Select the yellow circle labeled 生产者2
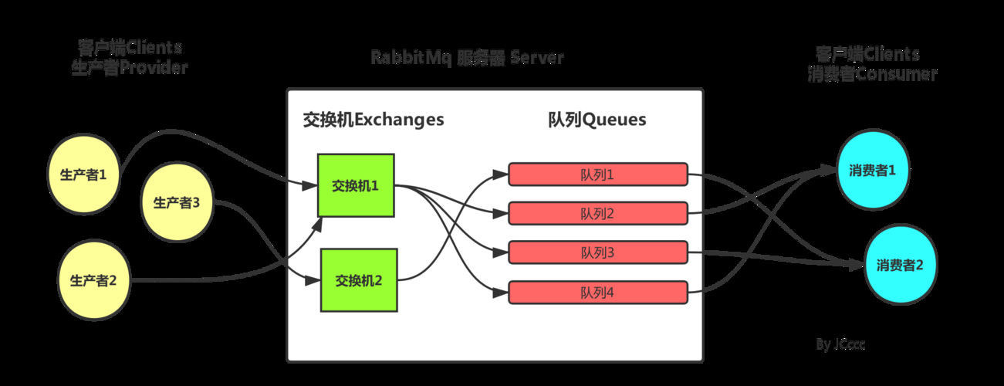(93, 280)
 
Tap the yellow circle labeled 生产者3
(177, 202)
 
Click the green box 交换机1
(356, 185)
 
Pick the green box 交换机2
(359, 280)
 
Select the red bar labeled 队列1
(597, 174)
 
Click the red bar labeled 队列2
(597, 213)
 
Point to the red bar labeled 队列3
(597, 252)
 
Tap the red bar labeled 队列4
(597, 292)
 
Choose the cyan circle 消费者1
(872, 171)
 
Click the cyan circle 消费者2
(900, 265)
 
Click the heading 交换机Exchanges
(374, 120)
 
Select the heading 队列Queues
(597, 120)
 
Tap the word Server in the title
(537, 58)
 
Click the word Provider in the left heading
(153, 68)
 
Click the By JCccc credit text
(840, 344)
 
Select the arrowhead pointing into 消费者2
(857, 266)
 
